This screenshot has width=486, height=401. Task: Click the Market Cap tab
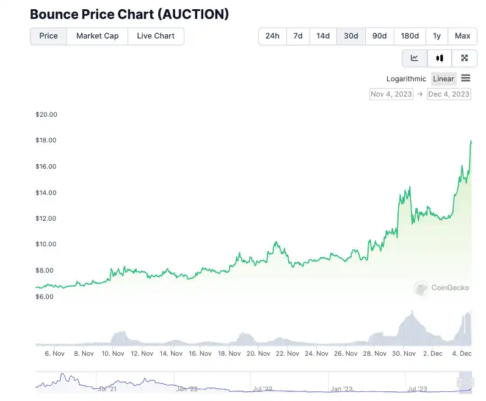pyautogui.click(x=97, y=36)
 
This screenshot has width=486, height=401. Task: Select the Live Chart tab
pyautogui.click(x=156, y=36)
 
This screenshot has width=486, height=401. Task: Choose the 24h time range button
pyautogui.click(x=272, y=36)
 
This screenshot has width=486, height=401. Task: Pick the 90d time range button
pyautogui.click(x=379, y=36)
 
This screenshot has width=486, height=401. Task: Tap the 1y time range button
pyautogui.click(x=437, y=36)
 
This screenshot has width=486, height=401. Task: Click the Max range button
pyautogui.click(x=462, y=36)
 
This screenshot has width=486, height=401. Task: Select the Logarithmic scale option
pyautogui.click(x=406, y=79)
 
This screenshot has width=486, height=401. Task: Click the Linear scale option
pyautogui.click(x=443, y=79)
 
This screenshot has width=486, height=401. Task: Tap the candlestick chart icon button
pyautogui.click(x=440, y=58)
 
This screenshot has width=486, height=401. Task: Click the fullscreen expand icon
pyautogui.click(x=465, y=58)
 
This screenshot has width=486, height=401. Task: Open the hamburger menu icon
pyautogui.click(x=466, y=78)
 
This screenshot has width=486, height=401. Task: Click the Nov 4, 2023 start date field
pyautogui.click(x=391, y=94)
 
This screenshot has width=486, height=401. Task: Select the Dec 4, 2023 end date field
pyautogui.click(x=449, y=94)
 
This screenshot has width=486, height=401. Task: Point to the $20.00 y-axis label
pyautogui.click(x=46, y=114)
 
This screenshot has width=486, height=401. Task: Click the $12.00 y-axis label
pyautogui.click(x=46, y=218)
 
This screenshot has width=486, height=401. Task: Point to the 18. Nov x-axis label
pyautogui.click(x=230, y=353)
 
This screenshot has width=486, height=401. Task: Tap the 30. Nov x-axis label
pyautogui.click(x=404, y=353)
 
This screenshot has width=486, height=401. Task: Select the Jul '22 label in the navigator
pyautogui.click(x=263, y=388)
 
